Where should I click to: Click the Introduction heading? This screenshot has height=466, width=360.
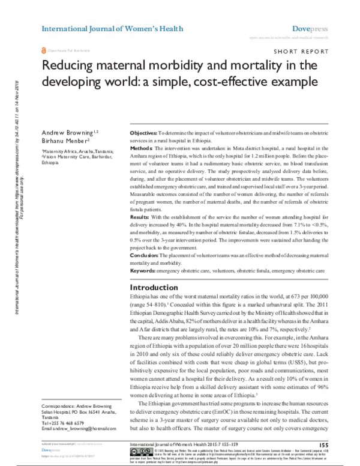click(155, 287)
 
